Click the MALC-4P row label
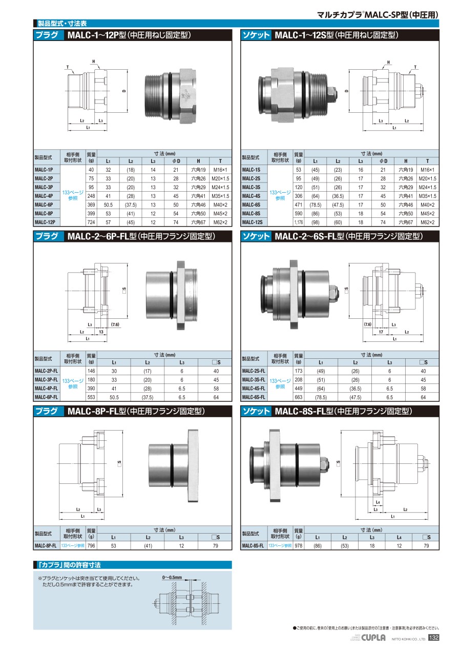44,196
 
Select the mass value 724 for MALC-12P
91,222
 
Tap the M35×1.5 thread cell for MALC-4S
427,196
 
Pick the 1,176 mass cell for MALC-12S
299,222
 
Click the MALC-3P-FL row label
46,379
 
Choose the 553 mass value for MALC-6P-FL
91,397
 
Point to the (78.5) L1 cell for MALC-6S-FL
321,397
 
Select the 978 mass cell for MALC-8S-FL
299,545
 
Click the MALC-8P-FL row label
46,545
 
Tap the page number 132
433,637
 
